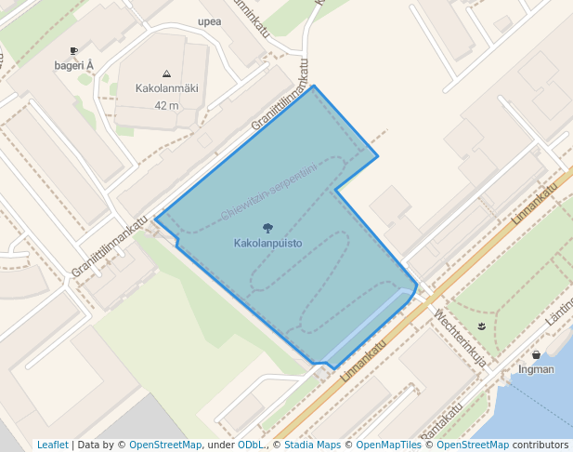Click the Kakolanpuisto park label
tap(267, 243)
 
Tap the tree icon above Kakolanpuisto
tap(267, 228)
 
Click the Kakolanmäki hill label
tap(166, 89)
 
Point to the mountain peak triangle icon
tap(166, 73)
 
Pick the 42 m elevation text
tap(166, 105)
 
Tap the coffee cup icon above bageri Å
tap(74, 50)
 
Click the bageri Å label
tap(74, 65)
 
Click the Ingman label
tap(537, 369)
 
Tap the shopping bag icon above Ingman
tap(537, 354)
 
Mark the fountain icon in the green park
tap(481, 326)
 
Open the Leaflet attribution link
tap(53, 445)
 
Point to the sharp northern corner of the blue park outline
tap(314, 86)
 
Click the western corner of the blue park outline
tap(156, 219)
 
